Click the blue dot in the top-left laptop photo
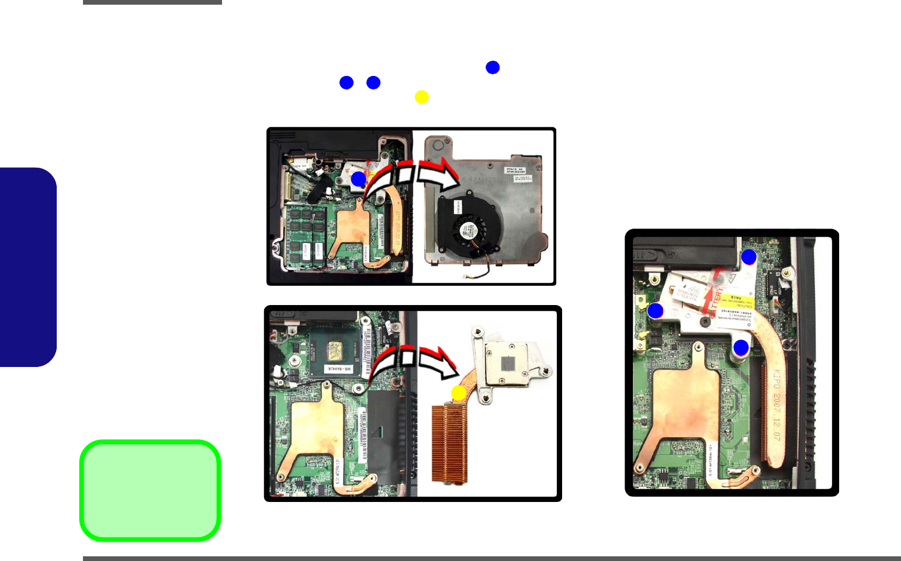tap(358, 179)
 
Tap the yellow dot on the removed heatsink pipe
tap(459, 393)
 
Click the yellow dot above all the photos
tap(421, 97)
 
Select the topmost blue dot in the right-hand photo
tap(749, 257)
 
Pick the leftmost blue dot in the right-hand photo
tap(656, 311)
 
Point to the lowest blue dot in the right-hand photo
tap(741, 348)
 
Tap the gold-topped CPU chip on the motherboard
tap(334, 351)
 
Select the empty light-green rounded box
tap(150, 490)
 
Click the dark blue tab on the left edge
tap(28, 267)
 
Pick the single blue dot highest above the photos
tap(493, 67)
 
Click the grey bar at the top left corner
tap(153, 2)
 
